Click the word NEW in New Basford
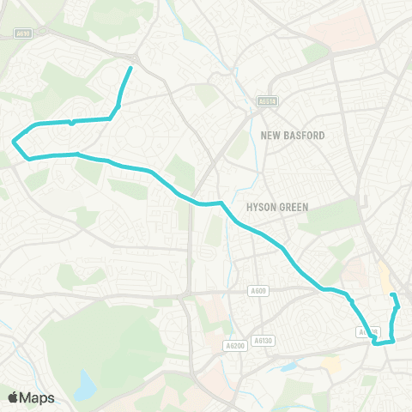point(272,136)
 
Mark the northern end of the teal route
point(130,68)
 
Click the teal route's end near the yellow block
point(393,296)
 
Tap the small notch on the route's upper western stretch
point(71,123)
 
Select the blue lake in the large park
point(85,385)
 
